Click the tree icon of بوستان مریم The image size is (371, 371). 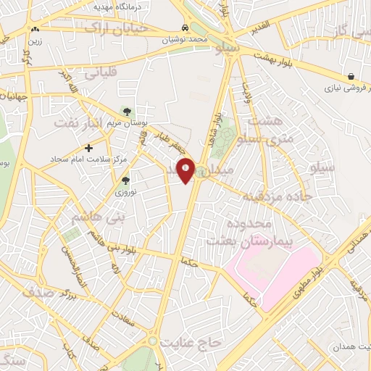click(127, 112)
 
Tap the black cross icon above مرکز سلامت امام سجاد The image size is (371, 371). click(88, 148)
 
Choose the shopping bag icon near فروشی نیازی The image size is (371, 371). click(351, 76)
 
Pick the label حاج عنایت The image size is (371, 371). click(190, 341)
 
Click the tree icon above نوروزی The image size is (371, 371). click(125, 180)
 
